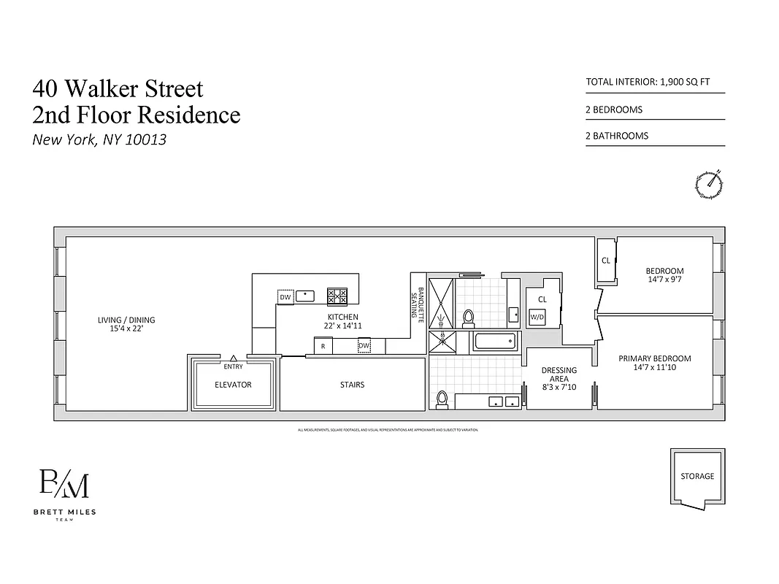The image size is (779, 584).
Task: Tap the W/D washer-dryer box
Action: pos(537,317)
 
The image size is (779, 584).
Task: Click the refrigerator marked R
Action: pos(323,346)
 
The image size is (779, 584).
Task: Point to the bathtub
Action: pos(494,341)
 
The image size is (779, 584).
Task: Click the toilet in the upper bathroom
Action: pos(469,318)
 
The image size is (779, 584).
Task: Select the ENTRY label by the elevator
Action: pos(233,366)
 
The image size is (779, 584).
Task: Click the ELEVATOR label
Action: pos(233,385)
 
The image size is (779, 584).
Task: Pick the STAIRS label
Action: pos(352,385)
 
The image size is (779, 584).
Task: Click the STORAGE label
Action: pos(697,476)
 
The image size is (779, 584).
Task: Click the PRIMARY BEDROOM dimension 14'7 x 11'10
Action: pos(654,368)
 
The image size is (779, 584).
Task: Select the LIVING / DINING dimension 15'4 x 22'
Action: pos(126,329)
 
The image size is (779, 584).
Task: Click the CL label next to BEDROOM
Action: pos(606,261)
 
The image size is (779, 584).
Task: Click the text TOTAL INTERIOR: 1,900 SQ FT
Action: pos(648,82)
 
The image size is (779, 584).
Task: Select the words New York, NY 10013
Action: pos(99,139)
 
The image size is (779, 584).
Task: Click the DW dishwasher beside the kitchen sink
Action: pos(285,297)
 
